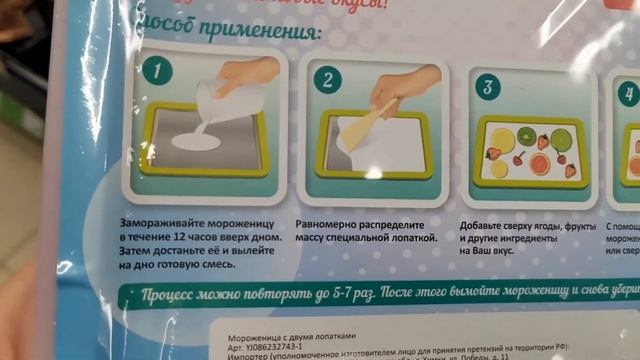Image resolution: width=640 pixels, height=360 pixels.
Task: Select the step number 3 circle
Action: pos(487,86)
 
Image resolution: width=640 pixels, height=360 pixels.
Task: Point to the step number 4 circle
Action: pos(627,95)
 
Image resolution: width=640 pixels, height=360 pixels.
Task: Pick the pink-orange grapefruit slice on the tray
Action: pos(540,164)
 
